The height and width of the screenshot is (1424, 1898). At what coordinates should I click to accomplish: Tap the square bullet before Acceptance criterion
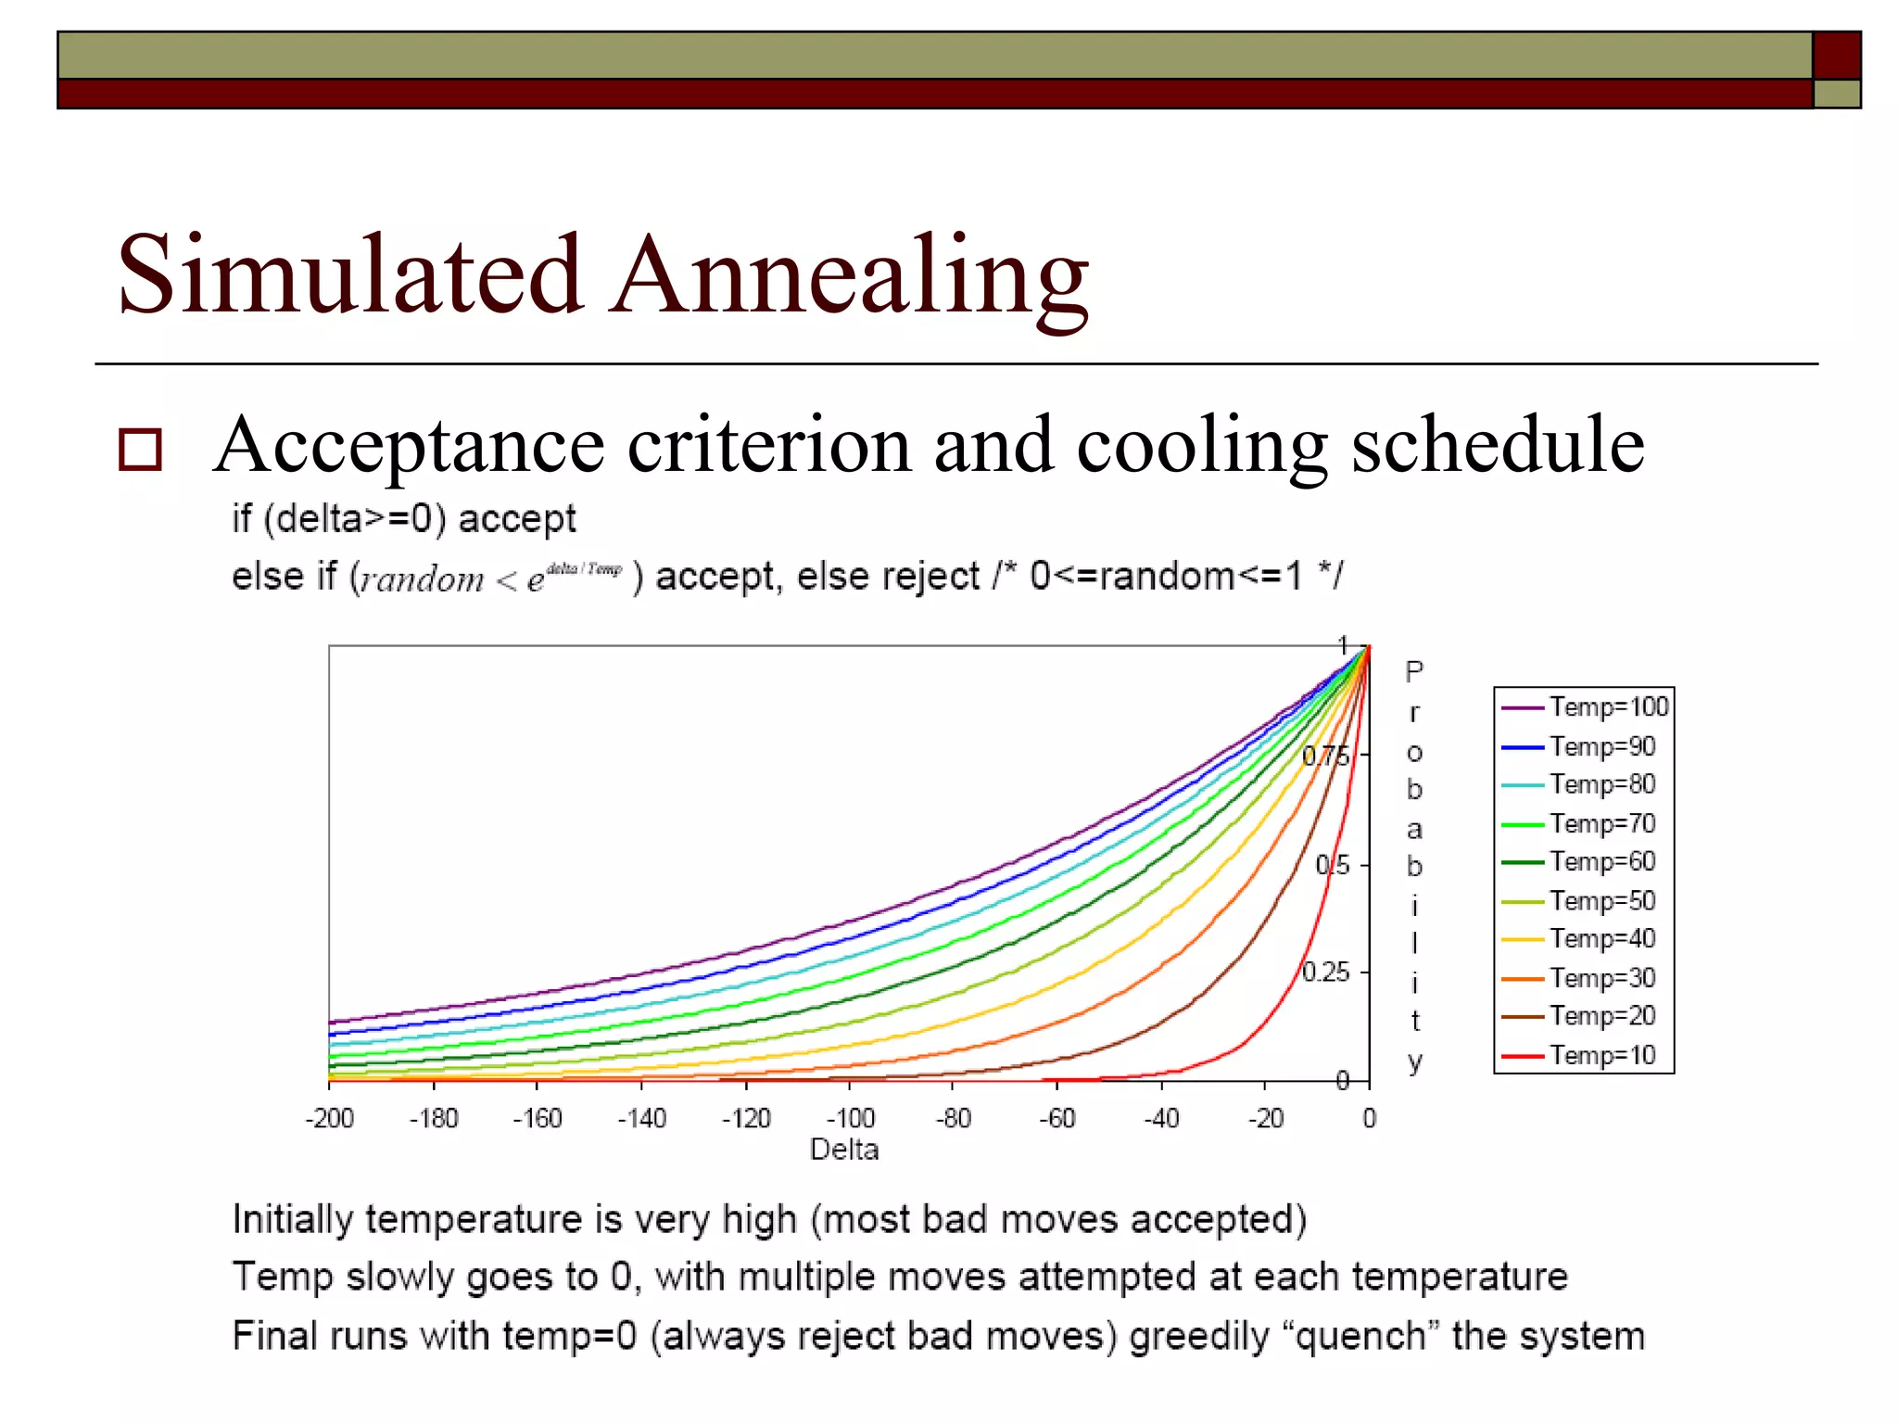141,450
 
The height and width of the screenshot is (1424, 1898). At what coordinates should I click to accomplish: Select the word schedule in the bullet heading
1498,447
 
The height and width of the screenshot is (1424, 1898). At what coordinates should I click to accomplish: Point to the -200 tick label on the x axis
330,1119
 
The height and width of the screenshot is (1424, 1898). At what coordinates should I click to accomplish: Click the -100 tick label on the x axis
850,1119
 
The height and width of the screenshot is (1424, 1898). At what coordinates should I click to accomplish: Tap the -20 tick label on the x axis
1266,1119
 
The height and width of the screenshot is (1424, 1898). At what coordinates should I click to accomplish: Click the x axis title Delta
843,1151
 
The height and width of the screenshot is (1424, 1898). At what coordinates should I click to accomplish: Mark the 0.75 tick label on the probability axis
1325,757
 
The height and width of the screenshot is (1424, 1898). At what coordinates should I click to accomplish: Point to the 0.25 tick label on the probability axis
1325,973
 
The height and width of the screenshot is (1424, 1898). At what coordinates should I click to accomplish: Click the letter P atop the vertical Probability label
1413,672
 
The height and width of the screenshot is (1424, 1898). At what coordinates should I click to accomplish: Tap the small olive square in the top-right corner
1837,94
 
